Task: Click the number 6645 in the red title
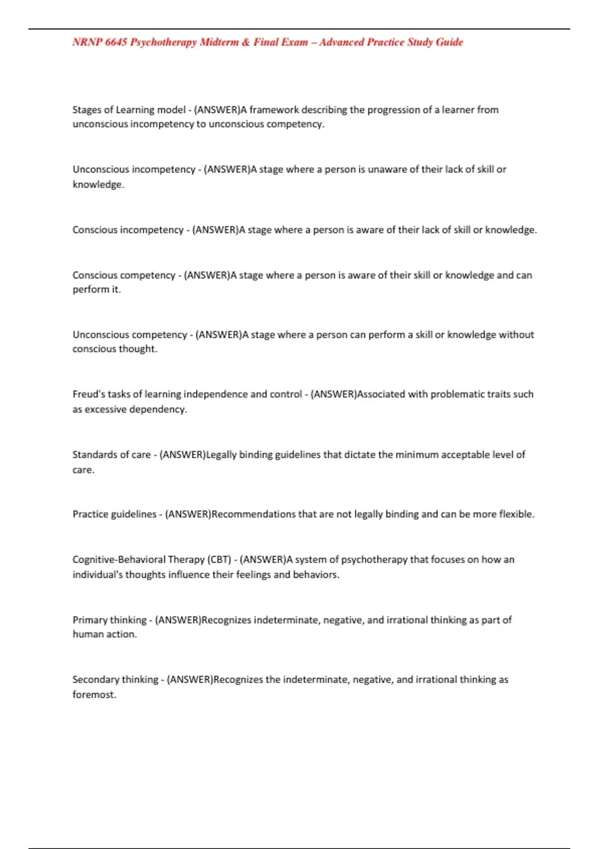pyautogui.click(x=116, y=42)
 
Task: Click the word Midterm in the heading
pyautogui.click(x=219, y=42)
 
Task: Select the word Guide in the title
pyautogui.click(x=449, y=42)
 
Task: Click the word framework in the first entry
pyautogui.click(x=274, y=110)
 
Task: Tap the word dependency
pyautogui.click(x=158, y=410)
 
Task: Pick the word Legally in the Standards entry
pyautogui.click(x=221, y=455)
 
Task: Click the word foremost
pyautogui.click(x=94, y=695)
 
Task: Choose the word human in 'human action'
pyautogui.click(x=86, y=634)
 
